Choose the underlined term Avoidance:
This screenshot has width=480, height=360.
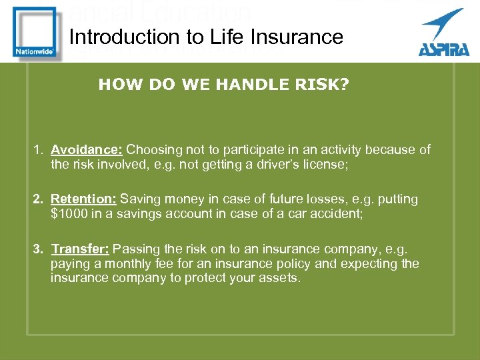pyautogui.click(x=87, y=149)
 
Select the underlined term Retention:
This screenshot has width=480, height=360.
pyautogui.click(x=84, y=199)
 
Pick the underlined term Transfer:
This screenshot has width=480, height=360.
pyautogui.click(x=81, y=249)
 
